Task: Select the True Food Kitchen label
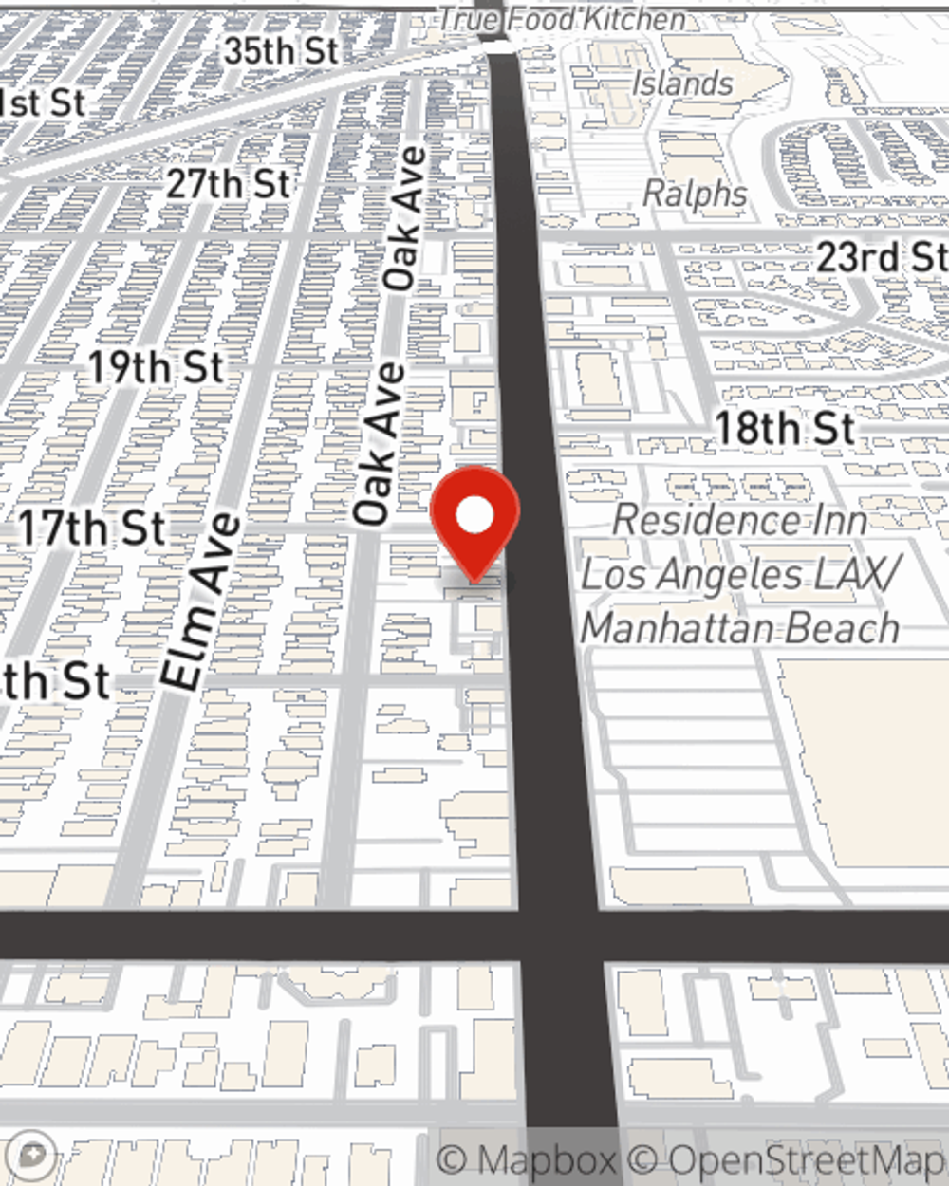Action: [562, 18]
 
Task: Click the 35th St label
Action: [281, 51]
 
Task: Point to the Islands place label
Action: [682, 83]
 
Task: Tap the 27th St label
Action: [229, 183]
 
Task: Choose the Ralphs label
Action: [696, 194]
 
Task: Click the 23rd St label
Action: [882, 257]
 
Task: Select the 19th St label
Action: [157, 368]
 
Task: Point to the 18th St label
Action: [785, 428]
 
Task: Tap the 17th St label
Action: [92, 528]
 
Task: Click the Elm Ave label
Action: [200, 602]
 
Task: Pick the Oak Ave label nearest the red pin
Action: [379, 444]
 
